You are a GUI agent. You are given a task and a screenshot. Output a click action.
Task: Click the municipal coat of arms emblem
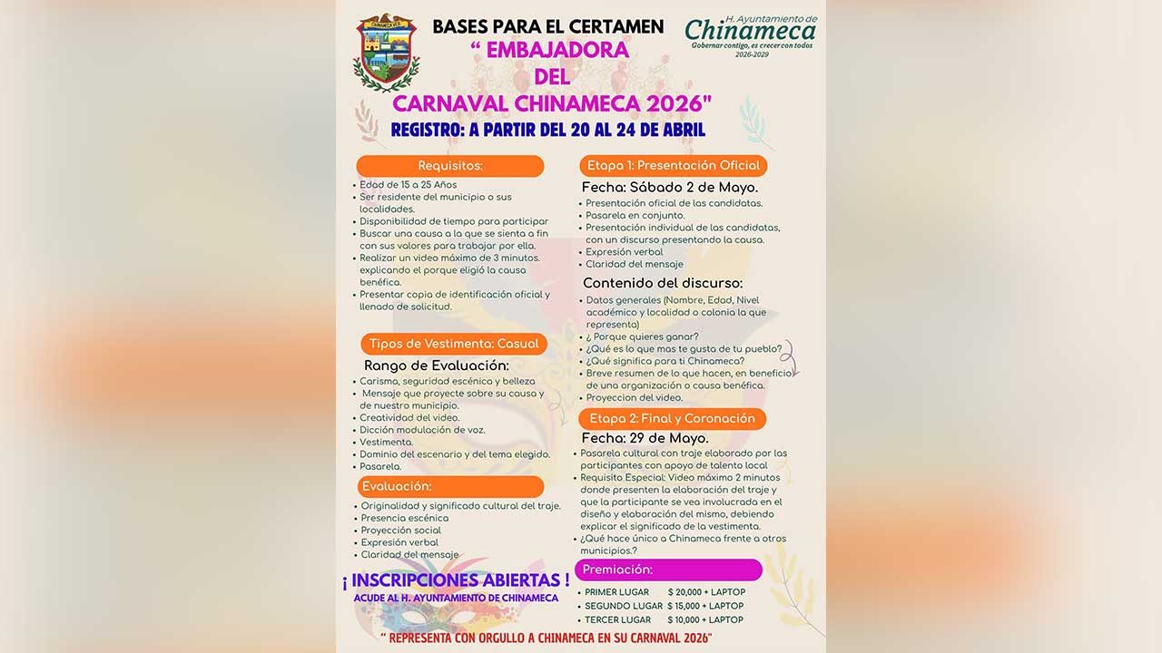coord(387,52)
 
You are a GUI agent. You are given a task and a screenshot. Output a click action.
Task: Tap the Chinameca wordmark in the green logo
coord(750,31)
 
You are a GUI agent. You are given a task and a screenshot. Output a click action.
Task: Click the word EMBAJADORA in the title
coord(548,50)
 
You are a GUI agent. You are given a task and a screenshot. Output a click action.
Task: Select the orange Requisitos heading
coord(449,166)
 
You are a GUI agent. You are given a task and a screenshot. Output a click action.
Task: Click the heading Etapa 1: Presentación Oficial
coord(673,166)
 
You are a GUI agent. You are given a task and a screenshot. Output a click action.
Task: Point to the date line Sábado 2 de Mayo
coord(670,187)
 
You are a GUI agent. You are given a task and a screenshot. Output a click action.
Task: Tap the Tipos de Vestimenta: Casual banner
coord(453,344)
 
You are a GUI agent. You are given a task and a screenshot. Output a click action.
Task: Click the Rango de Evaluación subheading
coord(437,365)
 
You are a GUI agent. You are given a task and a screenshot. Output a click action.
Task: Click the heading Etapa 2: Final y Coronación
coord(672,418)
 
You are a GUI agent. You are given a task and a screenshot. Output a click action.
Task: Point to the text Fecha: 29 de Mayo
coord(645,438)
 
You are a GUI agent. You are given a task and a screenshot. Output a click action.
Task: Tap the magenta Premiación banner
coord(668,570)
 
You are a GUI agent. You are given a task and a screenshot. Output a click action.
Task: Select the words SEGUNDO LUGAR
coord(623,606)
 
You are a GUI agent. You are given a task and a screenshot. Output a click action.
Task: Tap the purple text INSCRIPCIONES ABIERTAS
coord(456,579)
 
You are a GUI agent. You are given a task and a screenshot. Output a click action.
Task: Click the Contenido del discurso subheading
coord(663,283)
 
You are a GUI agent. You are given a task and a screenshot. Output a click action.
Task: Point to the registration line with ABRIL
coord(547,130)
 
